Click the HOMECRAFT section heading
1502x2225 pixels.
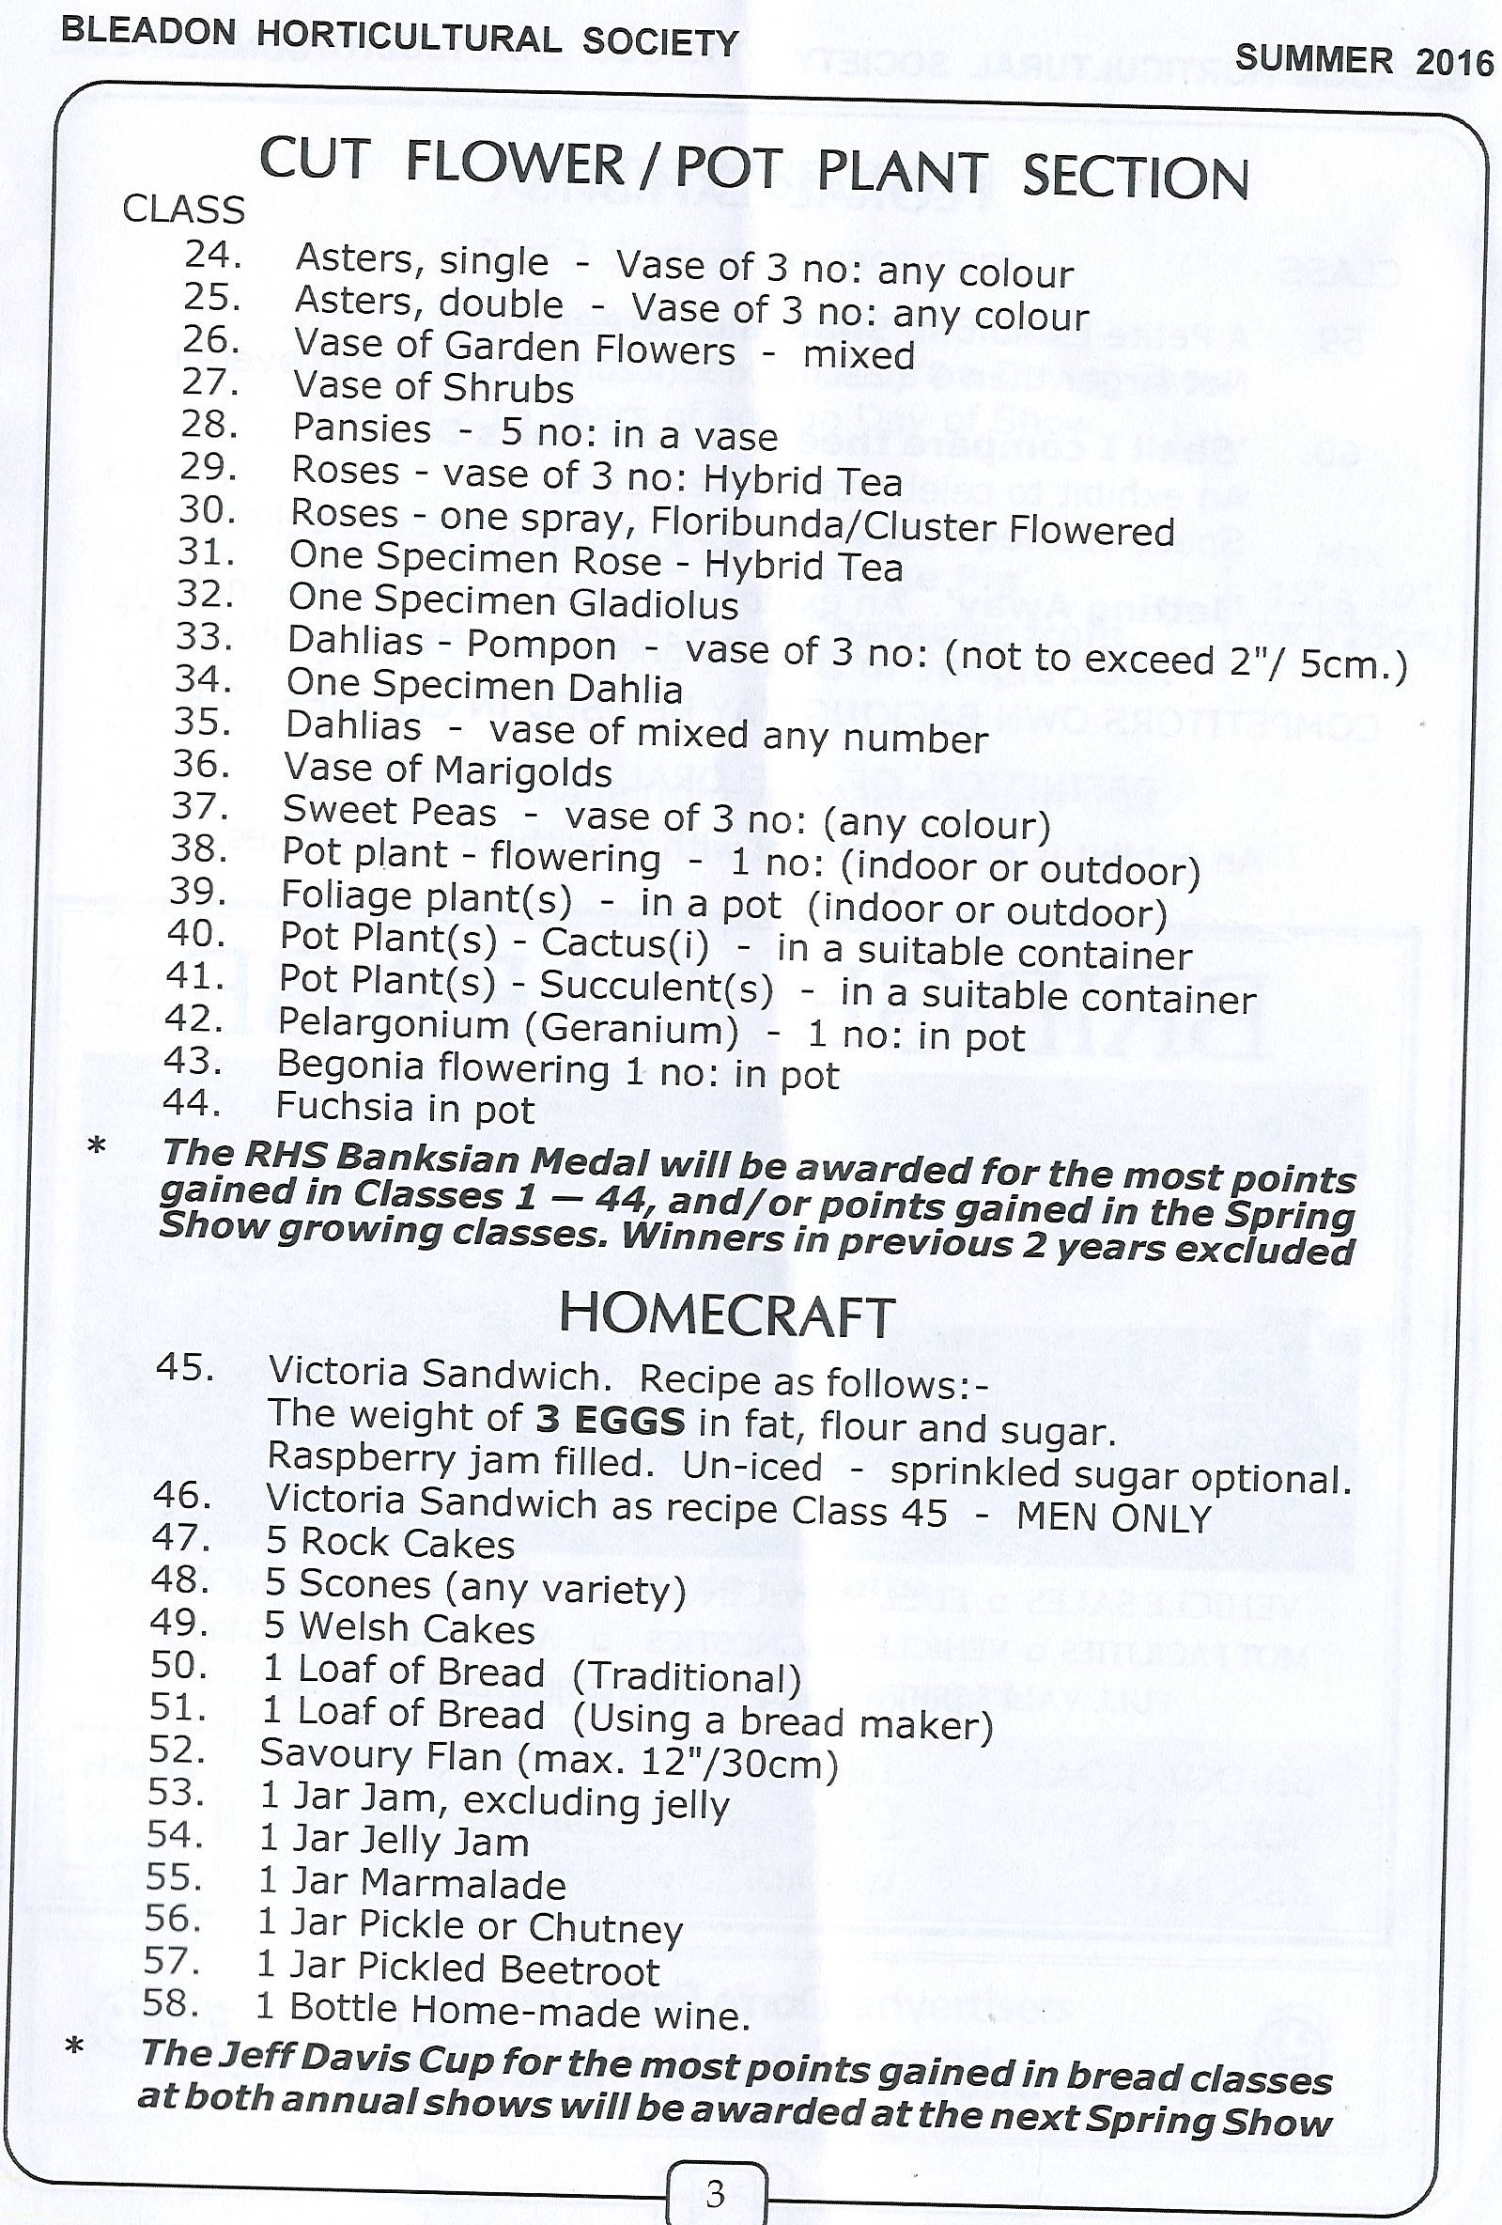[x=727, y=1315]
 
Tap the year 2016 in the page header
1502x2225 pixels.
[x=1454, y=62]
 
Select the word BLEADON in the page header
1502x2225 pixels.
[x=147, y=31]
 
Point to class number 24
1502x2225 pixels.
[x=212, y=255]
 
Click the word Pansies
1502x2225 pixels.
[x=362, y=428]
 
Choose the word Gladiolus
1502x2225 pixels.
[x=654, y=604]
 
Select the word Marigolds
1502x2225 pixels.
[x=522, y=771]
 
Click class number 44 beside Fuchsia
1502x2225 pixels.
[x=192, y=1103]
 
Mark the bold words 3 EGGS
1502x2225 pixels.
[x=610, y=1420]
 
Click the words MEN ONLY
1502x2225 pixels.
[x=1113, y=1517]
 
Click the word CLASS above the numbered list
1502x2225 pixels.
[x=184, y=210]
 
